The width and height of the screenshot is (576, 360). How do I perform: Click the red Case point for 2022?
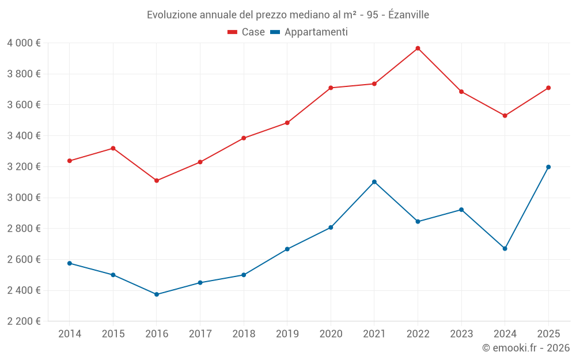point(418,48)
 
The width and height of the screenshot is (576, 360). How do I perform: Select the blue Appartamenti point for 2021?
point(374,182)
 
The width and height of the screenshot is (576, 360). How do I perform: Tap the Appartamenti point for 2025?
point(548,167)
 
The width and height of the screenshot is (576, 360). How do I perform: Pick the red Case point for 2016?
point(157,181)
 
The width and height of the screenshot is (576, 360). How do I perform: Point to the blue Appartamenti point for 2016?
point(157,294)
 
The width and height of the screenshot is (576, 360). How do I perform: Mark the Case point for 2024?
point(505,116)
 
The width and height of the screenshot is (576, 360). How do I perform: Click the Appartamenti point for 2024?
point(505,249)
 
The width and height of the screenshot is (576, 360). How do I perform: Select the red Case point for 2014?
point(70,161)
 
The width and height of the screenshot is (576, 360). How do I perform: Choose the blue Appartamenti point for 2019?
point(287,249)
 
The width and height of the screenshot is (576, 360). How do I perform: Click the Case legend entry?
point(247,32)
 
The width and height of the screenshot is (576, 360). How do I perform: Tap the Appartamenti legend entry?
point(309,32)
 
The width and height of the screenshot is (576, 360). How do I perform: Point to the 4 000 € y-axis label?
point(24,43)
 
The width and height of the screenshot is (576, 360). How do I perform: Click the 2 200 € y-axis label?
point(24,321)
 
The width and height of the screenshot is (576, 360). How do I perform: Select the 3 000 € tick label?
point(24,198)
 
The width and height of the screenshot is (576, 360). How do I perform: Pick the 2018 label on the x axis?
point(244,334)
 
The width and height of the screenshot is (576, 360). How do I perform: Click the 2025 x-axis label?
point(548,334)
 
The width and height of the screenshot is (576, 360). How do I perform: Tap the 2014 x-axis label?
point(70,334)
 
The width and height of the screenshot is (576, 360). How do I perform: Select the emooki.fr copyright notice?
point(526,348)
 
